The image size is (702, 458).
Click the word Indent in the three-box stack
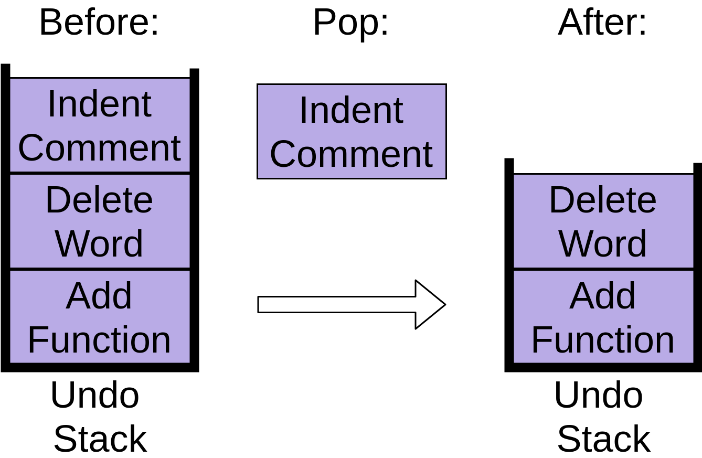pos(100,104)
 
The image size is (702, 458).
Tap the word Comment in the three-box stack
pos(100,148)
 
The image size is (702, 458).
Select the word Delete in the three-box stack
pos(99,200)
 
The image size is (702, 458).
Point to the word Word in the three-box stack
pos(99,243)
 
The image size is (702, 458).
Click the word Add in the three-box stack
pos(99,296)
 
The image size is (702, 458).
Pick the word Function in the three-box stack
pos(99,340)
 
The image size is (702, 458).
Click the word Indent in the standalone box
pos(352,110)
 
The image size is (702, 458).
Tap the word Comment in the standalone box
pos(352,154)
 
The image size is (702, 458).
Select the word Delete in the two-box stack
pos(603,200)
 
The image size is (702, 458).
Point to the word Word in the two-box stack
pos(603,243)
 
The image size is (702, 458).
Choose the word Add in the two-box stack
pos(603,296)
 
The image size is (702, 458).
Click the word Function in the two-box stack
pos(603,340)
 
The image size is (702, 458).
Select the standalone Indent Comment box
pos(352,131)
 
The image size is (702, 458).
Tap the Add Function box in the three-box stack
pos(100,317)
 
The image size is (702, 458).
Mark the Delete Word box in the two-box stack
pos(603,221)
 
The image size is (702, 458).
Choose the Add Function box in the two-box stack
pos(603,317)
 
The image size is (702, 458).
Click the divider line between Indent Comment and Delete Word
pos(100,173)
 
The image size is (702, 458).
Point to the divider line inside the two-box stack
pos(603,269)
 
